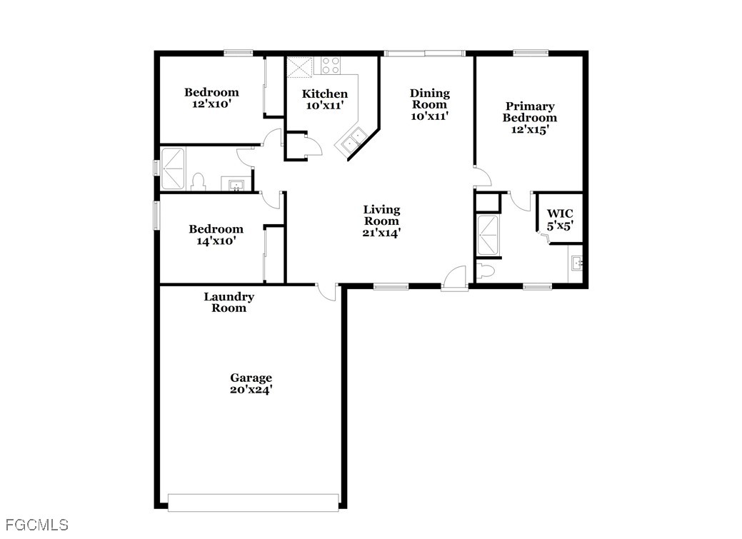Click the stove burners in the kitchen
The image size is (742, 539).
331,66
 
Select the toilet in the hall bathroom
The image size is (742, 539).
199,181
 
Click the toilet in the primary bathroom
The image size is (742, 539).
486,271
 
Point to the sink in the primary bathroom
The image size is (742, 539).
577,264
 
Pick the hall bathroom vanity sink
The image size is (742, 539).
236,185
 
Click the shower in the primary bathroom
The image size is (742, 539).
490,235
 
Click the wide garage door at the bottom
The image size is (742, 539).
253,502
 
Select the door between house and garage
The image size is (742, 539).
326,291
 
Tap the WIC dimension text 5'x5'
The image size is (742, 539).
560,226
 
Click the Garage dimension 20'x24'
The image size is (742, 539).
251,390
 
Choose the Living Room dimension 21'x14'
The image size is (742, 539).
381,232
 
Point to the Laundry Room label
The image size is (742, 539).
229,302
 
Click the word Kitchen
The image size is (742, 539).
325,94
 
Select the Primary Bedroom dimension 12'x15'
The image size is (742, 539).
529,129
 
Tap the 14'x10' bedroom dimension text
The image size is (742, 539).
216,241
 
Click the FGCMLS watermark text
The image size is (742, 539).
34,525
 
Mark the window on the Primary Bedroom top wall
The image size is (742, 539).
531,52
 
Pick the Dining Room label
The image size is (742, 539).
429,99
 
